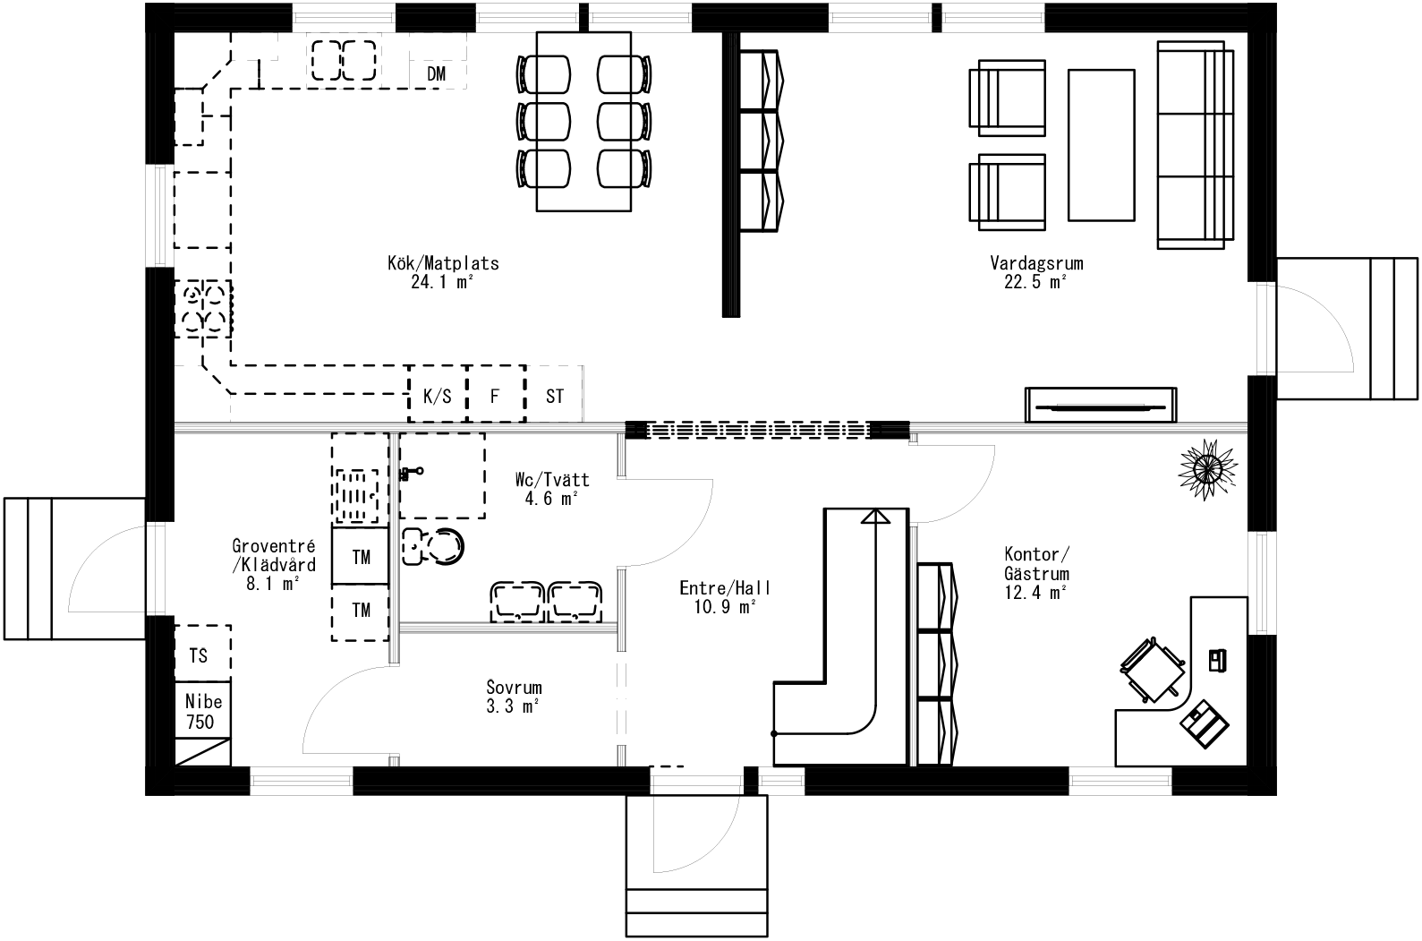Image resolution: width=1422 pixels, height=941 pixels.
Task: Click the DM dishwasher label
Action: click(x=436, y=74)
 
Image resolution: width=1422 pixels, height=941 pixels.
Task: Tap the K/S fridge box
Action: click(x=437, y=395)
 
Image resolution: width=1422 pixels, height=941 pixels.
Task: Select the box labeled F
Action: click(x=495, y=395)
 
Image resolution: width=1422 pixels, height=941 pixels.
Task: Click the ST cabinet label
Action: click(x=555, y=395)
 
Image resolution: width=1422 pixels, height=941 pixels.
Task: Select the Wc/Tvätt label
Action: click(x=552, y=480)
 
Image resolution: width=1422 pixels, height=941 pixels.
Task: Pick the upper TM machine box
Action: click(x=361, y=557)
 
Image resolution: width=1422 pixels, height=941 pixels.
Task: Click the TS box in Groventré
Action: click(x=200, y=655)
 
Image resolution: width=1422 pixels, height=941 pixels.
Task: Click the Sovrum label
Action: click(x=514, y=688)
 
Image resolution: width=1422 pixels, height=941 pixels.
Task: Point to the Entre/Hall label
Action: click(x=725, y=588)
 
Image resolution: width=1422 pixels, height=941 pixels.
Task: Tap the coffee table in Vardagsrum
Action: click(x=1102, y=145)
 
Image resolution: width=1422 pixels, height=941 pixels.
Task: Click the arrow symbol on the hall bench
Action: click(x=875, y=516)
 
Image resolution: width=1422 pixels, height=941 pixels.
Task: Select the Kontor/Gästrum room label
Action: click(x=1035, y=564)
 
